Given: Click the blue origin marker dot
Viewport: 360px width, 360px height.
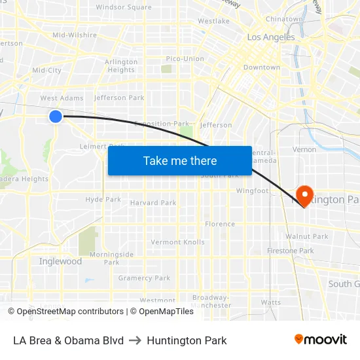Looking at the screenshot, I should [56, 116].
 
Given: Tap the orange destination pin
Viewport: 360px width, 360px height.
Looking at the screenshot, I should [304, 195].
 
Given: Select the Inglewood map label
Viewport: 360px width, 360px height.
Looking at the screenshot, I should [61, 261].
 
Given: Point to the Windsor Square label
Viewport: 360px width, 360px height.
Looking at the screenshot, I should [123, 7].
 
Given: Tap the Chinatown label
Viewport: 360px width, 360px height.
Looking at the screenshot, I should [284, 19].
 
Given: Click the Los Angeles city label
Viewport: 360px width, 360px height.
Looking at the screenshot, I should [271, 37].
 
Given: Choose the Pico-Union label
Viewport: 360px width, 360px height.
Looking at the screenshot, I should [185, 58].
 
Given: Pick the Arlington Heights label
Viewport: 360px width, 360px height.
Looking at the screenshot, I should [121, 66].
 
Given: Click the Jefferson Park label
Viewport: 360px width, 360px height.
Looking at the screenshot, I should [119, 98].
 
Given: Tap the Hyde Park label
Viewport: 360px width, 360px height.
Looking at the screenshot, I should [103, 199].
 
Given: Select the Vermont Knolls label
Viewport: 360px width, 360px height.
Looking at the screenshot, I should [177, 242].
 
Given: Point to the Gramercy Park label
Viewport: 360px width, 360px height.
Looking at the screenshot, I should [144, 278].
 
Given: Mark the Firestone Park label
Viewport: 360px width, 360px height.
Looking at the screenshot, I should [291, 251].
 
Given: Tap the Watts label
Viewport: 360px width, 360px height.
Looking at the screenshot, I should [270, 302].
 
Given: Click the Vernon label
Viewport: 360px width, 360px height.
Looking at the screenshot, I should [304, 149].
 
